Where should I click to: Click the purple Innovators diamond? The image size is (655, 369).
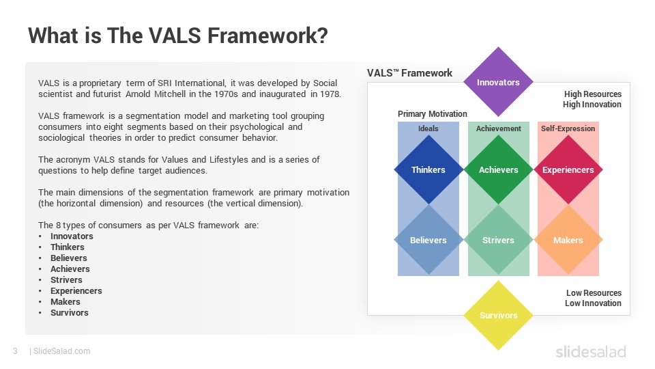pyautogui.click(x=498, y=82)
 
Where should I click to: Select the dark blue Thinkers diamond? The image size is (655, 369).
pyautogui.click(x=428, y=169)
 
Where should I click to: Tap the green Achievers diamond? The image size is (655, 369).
pyautogui.click(x=498, y=169)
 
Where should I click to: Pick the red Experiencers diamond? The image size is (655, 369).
pyautogui.click(x=568, y=169)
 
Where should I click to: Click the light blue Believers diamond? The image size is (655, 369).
pyautogui.click(x=428, y=240)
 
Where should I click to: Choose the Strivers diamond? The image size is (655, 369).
pyautogui.click(x=498, y=240)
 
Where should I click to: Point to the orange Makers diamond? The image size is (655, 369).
pyautogui.click(x=568, y=240)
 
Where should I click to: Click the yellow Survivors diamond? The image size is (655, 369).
pyautogui.click(x=498, y=315)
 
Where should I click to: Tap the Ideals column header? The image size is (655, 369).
pyautogui.click(x=428, y=128)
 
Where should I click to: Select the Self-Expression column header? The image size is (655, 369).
pyautogui.click(x=568, y=128)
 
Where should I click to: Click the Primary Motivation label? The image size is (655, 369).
pyautogui.click(x=432, y=114)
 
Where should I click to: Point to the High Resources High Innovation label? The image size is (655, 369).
pyautogui.click(x=592, y=99)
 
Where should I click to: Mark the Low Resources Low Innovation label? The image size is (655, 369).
pyautogui.click(x=593, y=298)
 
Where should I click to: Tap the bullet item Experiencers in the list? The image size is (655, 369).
pyautogui.click(x=76, y=291)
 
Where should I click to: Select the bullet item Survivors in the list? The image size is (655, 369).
pyautogui.click(x=70, y=312)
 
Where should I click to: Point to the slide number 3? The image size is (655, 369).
pyautogui.click(x=16, y=351)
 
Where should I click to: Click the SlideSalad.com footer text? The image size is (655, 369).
pyautogui.click(x=62, y=351)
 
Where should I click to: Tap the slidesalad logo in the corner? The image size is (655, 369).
pyautogui.click(x=591, y=351)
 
